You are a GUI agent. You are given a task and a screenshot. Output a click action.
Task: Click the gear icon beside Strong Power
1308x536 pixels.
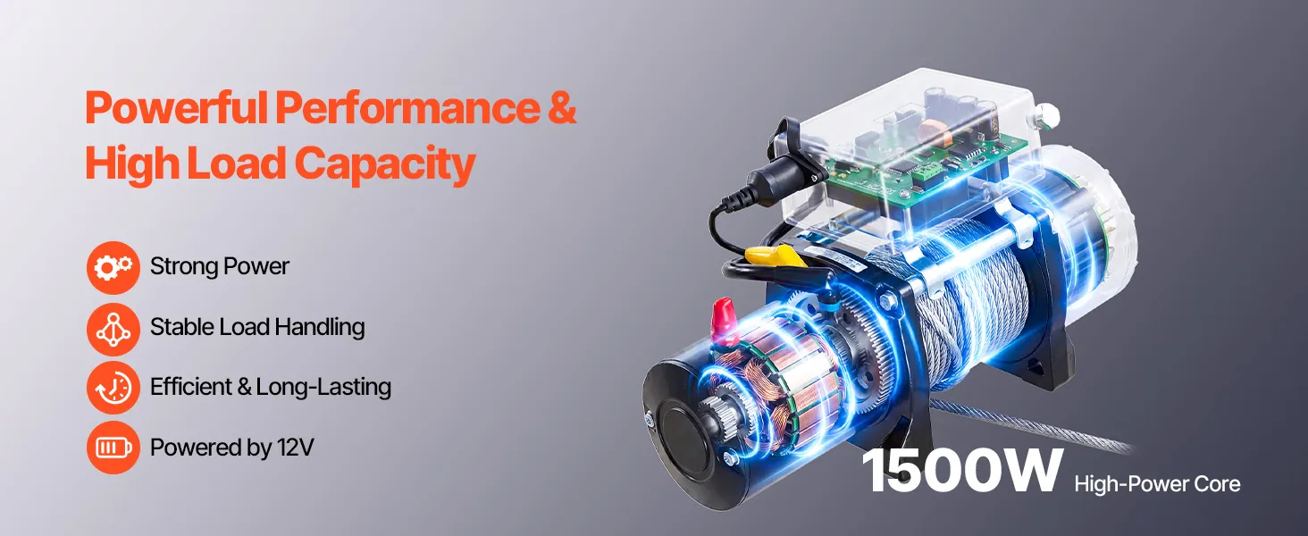pyautogui.click(x=113, y=267)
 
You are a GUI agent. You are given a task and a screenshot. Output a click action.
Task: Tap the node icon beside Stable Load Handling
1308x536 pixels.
pyautogui.click(x=113, y=329)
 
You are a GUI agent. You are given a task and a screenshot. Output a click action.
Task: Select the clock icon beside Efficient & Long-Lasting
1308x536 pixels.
pyautogui.click(x=113, y=388)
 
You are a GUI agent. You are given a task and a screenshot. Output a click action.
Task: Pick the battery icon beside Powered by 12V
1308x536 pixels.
pyautogui.click(x=113, y=448)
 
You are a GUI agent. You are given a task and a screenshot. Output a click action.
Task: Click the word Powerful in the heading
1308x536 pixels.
pyautogui.click(x=177, y=109)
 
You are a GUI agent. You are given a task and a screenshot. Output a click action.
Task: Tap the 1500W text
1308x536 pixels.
pyautogui.click(x=960, y=472)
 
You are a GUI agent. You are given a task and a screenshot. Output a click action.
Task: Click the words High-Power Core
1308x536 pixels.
pyautogui.click(x=1157, y=484)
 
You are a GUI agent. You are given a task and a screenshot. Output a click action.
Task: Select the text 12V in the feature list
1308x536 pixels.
pyautogui.click(x=296, y=448)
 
